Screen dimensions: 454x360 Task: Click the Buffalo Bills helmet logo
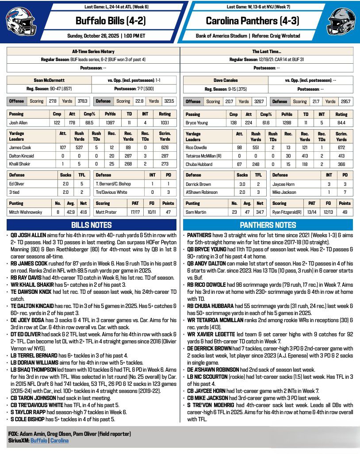pos(20,21)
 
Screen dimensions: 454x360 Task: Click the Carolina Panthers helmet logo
pos(341,21)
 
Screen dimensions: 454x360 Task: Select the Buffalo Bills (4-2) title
pos(110,20)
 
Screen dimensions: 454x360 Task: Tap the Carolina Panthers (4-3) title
pos(250,20)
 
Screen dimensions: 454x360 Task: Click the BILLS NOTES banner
pos(92,225)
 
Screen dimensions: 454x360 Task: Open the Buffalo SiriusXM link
pos(39,441)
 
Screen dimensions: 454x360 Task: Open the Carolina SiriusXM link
pos(59,441)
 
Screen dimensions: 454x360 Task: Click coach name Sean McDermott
pos(49,81)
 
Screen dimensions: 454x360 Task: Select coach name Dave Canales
pos(225,81)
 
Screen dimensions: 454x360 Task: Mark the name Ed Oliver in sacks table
pos(18,184)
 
